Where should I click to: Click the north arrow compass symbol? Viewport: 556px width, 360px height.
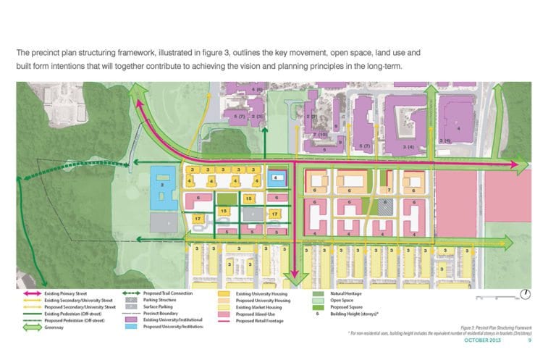(526, 293)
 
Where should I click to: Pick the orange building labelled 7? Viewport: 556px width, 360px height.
(389, 191)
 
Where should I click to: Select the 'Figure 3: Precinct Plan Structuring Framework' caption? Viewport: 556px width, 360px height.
(495, 327)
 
